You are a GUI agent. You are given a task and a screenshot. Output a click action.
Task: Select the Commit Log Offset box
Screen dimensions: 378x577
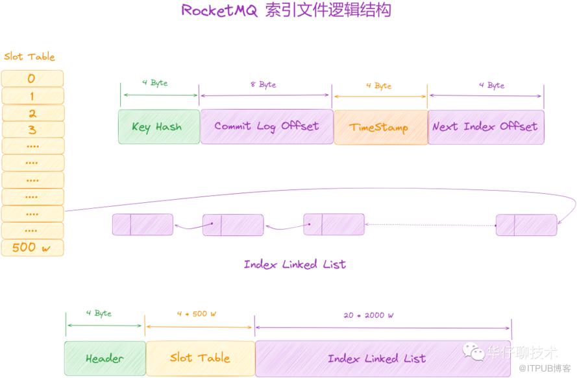266,126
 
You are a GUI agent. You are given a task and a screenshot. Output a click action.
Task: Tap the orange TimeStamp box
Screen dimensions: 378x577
380,127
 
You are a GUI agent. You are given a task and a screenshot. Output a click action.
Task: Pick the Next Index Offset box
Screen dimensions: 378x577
485,126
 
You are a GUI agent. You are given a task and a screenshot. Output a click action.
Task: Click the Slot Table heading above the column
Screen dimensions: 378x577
29,57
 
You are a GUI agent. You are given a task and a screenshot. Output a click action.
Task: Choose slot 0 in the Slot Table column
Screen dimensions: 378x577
32,78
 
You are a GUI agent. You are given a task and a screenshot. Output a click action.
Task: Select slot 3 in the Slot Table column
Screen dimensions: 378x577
32,130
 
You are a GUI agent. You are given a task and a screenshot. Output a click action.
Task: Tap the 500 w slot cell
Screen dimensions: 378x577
32,247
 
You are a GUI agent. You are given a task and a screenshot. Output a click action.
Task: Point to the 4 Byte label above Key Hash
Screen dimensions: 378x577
155,83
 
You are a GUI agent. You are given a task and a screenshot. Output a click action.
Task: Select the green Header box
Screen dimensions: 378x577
104,359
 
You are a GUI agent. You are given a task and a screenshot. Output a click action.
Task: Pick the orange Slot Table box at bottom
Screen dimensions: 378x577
200,358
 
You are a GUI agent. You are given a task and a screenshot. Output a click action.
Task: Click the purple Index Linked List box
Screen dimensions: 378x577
376,359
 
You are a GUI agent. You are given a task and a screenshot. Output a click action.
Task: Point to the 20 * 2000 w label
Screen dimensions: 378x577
369,315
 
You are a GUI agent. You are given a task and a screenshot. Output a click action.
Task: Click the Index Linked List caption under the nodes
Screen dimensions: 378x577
295,264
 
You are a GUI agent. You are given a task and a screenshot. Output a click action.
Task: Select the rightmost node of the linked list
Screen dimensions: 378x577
526,224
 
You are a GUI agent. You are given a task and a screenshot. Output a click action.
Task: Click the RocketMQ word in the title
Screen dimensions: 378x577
219,11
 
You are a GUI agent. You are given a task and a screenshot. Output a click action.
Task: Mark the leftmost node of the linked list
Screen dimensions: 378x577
143,224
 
